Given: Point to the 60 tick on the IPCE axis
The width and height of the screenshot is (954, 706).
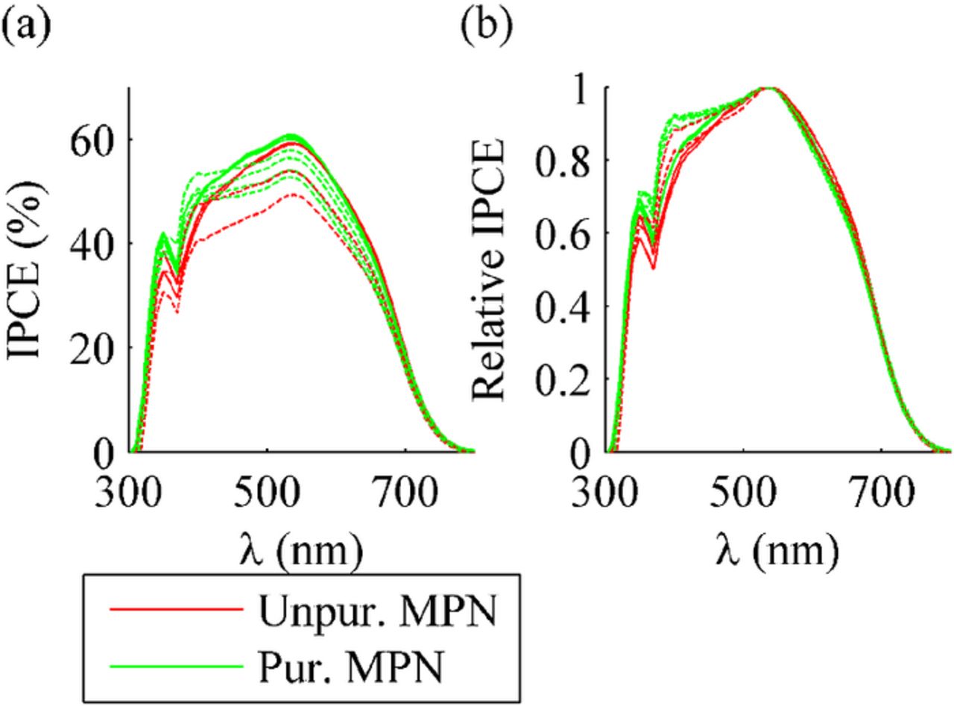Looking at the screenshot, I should [x=91, y=140].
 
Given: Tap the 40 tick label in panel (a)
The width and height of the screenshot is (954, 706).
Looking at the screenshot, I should [x=91, y=244].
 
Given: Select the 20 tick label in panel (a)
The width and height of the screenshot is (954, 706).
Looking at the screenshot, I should [x=91, y=348].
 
